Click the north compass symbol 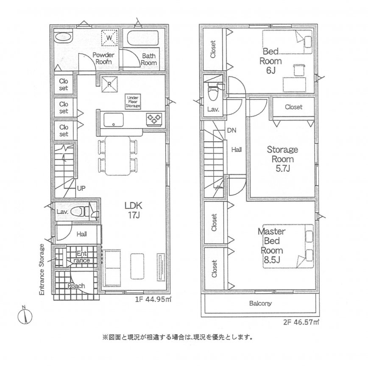coord(25,315)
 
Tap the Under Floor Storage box coord(133,102)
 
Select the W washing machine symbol coord(109,38)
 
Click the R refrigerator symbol coord(109,84)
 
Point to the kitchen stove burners coord(154,118)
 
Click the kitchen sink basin coord(114,120)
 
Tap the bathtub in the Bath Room coord(142,38)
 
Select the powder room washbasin coord(63,37)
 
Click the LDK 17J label coord(133,210)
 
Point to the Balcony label coord(260,303)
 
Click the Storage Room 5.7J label coord(282,159)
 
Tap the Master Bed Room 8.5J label coord(272,245)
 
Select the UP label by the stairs coord(81,188)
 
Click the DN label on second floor coord(231,130)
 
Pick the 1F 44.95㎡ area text coord(153,300)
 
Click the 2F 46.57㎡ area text coord(301,322)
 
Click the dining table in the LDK coord(117,156)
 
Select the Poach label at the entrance coord(76,286)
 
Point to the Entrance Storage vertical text coord(42,269)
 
